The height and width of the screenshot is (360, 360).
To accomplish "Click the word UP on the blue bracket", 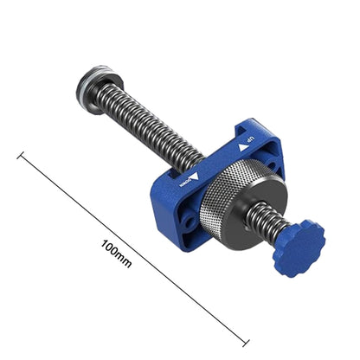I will click(x=249, y=139).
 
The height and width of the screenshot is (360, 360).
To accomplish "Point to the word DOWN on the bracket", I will click(x=184, y=181).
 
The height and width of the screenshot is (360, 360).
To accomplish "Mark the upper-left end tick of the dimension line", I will click(x=21, y=156).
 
